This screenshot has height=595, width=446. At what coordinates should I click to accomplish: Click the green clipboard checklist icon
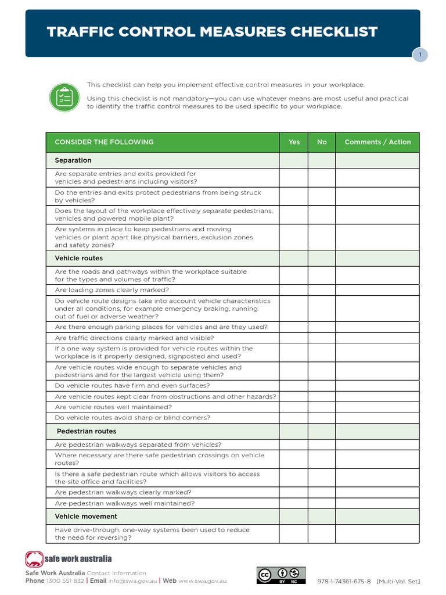pos(64,97)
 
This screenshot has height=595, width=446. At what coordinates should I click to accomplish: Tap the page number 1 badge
pos(420,55)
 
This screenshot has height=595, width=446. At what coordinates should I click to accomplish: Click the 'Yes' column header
pos(294,142)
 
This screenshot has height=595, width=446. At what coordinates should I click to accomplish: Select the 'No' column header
pos(322,142)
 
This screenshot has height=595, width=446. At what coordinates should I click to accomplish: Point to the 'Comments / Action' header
pos(377,142)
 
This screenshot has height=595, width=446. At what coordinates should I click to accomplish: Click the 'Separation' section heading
pos(73,160)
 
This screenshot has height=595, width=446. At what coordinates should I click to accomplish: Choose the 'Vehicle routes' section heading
pos(78,259)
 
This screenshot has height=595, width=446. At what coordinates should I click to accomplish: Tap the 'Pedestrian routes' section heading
pos(87,432)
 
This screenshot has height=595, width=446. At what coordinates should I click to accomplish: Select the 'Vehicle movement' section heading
pos(86,517)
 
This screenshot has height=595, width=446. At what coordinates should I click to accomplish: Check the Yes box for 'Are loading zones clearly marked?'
pos(294,290)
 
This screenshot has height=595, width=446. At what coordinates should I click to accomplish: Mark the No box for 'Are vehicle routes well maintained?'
pos(322,407)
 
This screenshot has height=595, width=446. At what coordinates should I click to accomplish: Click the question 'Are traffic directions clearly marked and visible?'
pos(134,338)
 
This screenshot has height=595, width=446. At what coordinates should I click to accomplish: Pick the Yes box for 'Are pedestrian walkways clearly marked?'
pos(294,493)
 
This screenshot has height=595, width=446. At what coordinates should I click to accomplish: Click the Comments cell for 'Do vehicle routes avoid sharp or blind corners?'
pos(377,418)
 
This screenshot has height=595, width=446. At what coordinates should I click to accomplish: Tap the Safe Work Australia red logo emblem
pos(34,560)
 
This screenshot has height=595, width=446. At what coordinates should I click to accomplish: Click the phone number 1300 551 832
pos(65,580)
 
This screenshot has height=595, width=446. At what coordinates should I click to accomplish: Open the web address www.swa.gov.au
pos(203,580)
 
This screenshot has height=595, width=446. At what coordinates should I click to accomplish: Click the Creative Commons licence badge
pos(281,575)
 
